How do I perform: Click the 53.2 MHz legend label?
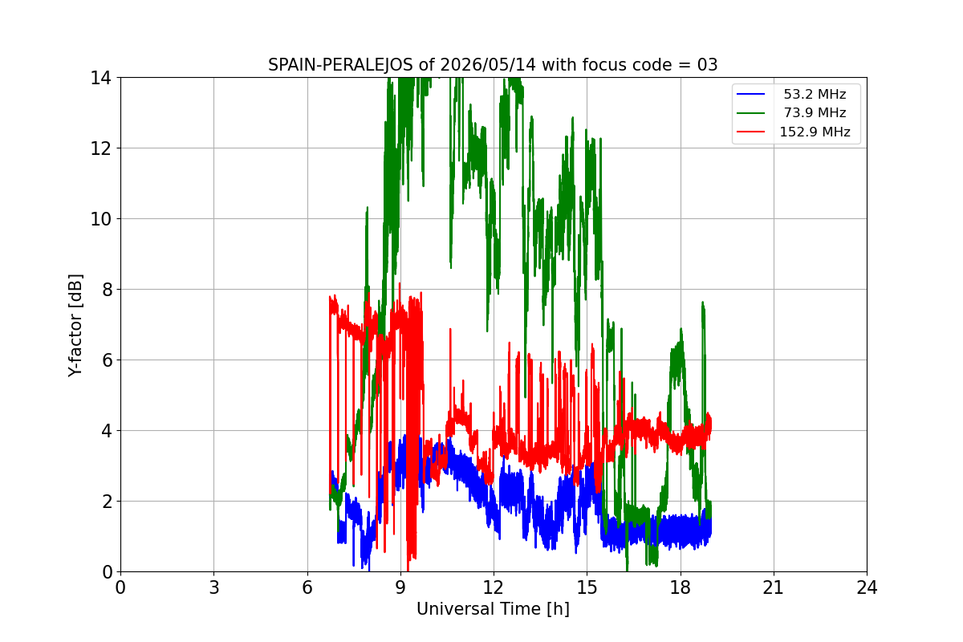click(x=815, y=94)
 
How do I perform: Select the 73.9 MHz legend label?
click(x=815, y=112)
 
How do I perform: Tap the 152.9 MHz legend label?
click(x=815, y=132)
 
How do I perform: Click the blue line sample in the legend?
click(x=750, y=94)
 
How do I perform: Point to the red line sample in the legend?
click(x=750, y=132)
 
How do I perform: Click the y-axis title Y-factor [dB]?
click(x=75, y=326)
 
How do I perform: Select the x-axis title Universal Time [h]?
click(x=493, y=609)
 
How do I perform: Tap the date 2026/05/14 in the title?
click(x=488, y=65)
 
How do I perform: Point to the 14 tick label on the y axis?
click(x=100, y=79)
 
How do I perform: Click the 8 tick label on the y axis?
click(x=106, y=290)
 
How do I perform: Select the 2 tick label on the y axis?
click(x=106, y=502)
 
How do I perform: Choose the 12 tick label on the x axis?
click(x=494, y=587)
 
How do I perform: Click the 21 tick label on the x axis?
click(x=774, y=587)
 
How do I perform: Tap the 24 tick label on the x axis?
click(x=867, y=587)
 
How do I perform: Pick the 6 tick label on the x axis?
click(x=307, y=587)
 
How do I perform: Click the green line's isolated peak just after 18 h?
click(x=702, y=303)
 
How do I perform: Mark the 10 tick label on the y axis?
click(x=100, y=219)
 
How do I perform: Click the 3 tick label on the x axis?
click(x=214, y=587)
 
